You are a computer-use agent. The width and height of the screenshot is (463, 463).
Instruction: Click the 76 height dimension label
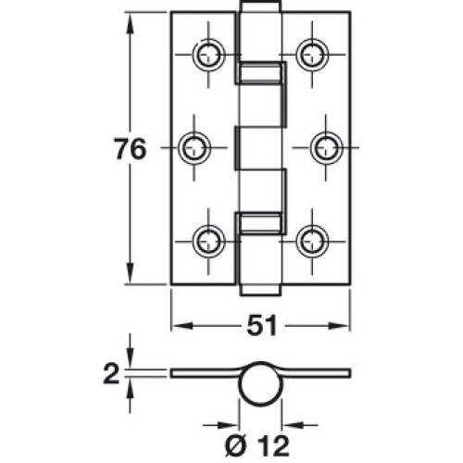pos(130,149)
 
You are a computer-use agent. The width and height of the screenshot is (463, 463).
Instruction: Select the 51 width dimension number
pos(261,326)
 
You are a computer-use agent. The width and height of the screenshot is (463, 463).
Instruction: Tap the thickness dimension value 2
pos(111,373)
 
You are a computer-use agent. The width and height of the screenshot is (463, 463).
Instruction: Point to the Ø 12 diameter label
pos(257,445)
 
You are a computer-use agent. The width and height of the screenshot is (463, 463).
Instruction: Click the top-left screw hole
pos(208,55)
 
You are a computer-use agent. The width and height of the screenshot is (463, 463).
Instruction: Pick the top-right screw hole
pos(312,55)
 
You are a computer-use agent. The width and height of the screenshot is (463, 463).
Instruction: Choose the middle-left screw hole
pos(194,148)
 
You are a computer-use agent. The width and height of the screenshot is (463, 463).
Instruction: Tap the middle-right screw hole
pos(326,148)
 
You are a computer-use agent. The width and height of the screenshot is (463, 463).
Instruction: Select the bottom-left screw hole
pos(208,242)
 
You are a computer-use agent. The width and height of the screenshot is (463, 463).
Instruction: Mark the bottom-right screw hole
pos(312,242)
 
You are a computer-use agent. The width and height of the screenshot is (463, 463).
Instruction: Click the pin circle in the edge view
pos(261,383)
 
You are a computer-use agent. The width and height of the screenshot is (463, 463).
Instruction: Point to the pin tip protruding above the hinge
pos(261,6)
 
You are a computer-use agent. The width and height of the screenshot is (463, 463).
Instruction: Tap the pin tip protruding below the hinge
pos(261,290)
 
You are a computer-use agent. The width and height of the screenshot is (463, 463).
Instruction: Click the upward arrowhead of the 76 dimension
pos(130,23)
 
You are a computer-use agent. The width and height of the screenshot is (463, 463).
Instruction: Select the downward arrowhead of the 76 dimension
pos(130,273)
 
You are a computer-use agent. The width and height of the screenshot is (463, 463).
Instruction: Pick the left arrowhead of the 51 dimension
pos(182,326)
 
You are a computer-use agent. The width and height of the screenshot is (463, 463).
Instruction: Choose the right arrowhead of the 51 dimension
pos(339,326)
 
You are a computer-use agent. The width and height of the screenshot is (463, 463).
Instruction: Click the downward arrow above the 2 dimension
pos(130,352)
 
